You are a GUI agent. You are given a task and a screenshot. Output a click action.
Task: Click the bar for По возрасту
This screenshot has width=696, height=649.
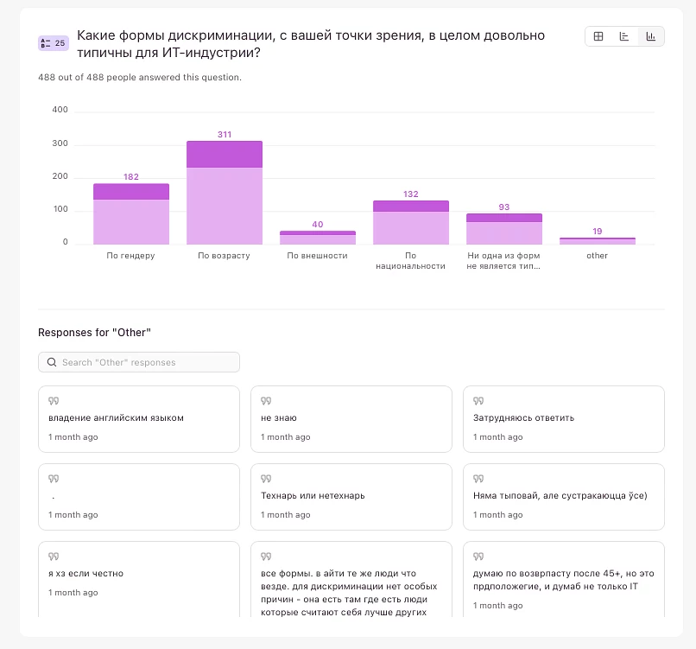[225, 193]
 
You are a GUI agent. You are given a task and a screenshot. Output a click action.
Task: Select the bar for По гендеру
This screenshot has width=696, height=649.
[131, 214]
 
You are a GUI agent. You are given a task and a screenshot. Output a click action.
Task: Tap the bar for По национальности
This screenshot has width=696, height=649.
[411, 223]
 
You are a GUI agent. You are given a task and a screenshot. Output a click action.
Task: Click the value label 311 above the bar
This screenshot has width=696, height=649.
[225, 135]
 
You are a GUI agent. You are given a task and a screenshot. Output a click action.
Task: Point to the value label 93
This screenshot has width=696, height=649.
[504, 207]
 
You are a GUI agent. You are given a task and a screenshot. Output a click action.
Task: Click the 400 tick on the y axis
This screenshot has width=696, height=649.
[60, 110]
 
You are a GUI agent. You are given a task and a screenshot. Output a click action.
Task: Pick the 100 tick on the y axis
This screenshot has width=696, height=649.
[60, 210]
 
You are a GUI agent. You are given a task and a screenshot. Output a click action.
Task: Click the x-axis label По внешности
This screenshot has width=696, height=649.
[318, 256]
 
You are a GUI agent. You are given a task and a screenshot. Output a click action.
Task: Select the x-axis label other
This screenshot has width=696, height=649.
[597, 256]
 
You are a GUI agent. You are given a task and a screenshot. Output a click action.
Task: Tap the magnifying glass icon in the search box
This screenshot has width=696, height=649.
[52, 362]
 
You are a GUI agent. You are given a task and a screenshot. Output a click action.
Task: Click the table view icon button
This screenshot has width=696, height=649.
[598, 36]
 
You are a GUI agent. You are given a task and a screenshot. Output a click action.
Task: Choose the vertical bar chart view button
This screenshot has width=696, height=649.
[650, 36]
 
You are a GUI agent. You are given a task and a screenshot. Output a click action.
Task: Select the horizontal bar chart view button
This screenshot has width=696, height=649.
[624, 36]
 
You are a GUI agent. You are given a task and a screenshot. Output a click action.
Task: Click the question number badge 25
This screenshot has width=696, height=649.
[53, 43]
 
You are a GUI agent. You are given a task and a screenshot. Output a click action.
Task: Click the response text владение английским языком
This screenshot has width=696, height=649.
[117, 417]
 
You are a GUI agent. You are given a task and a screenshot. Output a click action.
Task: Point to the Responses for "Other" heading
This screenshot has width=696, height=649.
[95, 332]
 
